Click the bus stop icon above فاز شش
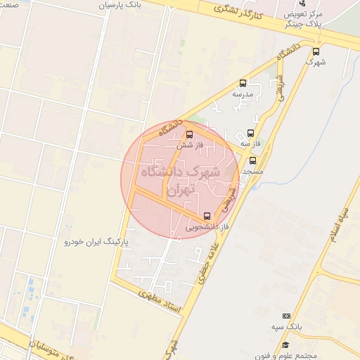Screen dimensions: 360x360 point(188,134)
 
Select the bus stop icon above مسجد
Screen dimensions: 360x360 point(253,161)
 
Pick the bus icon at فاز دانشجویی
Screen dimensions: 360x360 point(207,216)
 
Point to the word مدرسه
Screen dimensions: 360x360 point(243,94)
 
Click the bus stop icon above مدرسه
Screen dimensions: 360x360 point(243,83)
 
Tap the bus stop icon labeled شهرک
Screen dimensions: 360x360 point(315,51)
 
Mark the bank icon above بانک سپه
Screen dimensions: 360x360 point(286,317)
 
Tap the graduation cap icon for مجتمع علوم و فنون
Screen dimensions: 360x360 point(286,345)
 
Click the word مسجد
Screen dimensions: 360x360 point(253,172)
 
